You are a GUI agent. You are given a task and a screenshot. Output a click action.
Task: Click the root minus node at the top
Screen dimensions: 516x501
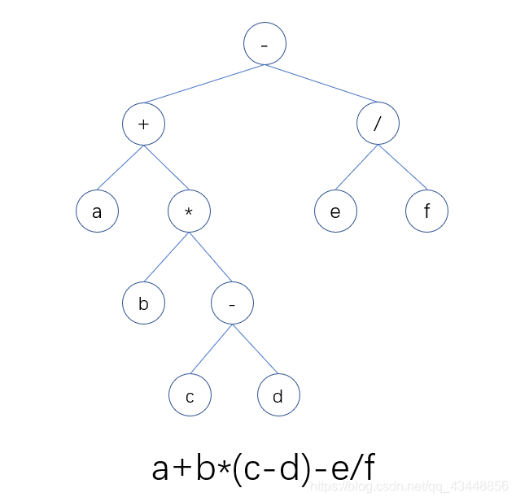pyautogui.click(x=265, y=44)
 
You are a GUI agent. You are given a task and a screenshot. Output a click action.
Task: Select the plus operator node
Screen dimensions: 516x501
pyautogui.click(x=144, y=125)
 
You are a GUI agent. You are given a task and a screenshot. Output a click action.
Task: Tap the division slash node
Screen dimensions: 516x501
pyautogui.click(x=378, y=125)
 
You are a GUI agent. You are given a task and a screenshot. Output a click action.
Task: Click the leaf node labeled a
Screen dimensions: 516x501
pyautogui.click(x=98, y=212)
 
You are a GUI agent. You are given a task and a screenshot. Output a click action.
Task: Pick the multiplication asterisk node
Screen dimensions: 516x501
pyautogui.click(x=190, y=212)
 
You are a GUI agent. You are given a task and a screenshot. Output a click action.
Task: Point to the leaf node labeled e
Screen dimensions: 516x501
pyautogui.click(x=336, y=212)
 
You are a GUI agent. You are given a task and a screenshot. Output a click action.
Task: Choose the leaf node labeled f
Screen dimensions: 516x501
pyautogui.click(x=427, y=212)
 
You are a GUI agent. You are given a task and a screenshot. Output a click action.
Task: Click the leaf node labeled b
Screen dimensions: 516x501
pyautogui.click(x=144, y=304)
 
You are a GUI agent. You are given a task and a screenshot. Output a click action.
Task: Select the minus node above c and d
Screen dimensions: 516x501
pyautogui.click(x=233, y=304)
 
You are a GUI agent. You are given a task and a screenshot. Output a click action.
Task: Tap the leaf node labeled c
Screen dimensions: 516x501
pyautogui.click(x=190, y=396)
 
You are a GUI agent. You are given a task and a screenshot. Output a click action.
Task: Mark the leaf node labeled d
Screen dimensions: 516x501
pyautogui.click(x=278, y=396)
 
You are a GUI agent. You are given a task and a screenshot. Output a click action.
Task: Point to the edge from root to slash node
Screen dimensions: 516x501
pyautogui.click(x=320, y=85)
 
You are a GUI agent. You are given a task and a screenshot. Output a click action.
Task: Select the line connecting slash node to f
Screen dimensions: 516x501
pyautogui.click(x=401, y=168)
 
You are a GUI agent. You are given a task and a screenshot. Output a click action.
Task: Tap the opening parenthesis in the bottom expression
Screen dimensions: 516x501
pyautogui.click(x=238, y=468)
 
